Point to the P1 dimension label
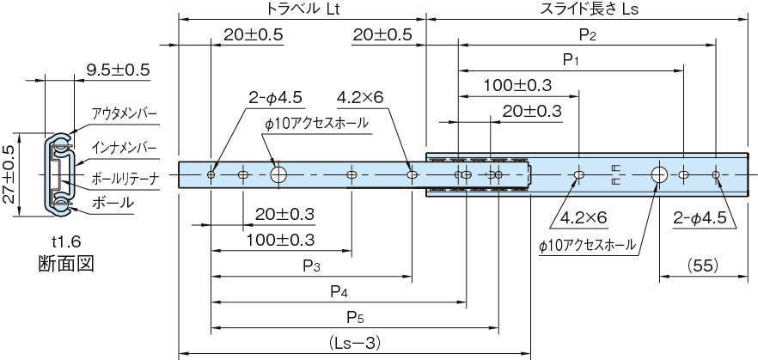tap(572, 60)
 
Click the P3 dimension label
tap(312, 267)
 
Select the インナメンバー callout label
tap(125, 148)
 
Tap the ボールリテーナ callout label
tap(125, 180)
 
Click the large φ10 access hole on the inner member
tap(278, 175)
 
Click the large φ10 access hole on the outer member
tap(659, 175)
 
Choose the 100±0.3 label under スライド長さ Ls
tap(517, 85)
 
